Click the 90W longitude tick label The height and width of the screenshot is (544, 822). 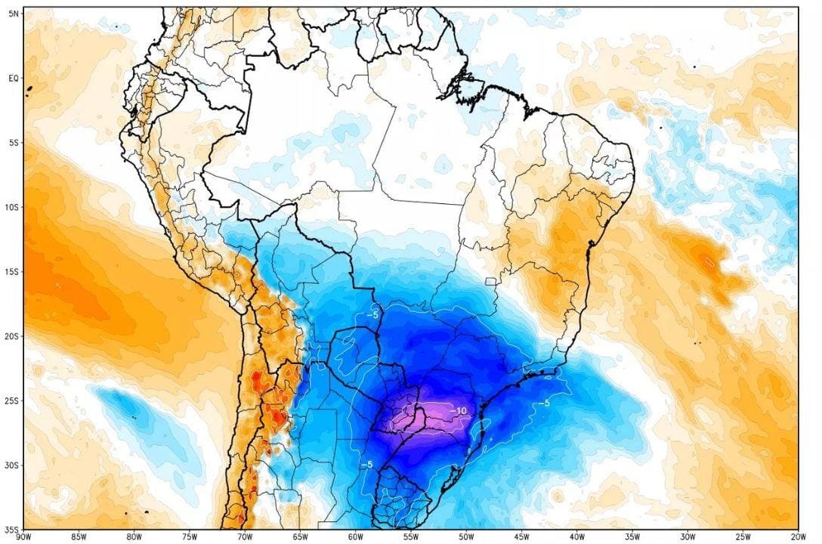[x=24, y=537]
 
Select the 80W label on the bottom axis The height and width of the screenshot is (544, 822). [x=134, y=537]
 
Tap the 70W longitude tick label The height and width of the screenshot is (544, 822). [x=245, y=537]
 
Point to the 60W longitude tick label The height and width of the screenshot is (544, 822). [x=355, y=537]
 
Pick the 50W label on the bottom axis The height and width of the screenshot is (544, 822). [x=466, y=537]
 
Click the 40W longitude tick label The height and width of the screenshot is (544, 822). [x=576, y=537]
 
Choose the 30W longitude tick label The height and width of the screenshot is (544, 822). [x=687, y=537]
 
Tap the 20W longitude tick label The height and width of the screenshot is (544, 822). [x=797, y=537]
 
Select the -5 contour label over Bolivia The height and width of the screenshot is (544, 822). [x=372, y=314]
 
